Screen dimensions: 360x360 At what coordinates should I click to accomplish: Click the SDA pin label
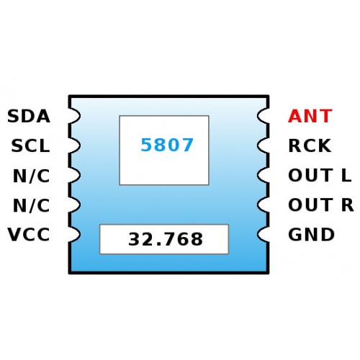pyautogui.click(x=29, y=116)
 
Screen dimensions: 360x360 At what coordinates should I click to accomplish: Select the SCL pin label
pyautogui.click(x=30, y=145)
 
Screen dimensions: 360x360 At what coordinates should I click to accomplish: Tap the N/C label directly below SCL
pyautogui.click(x=31, y=176)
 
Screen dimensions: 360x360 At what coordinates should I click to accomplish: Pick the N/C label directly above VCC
pyautogui.click(x=31, y=205)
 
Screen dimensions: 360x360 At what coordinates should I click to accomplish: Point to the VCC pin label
pyautogui.click(x=29, y=235)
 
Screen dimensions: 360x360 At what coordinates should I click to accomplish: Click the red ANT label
pyautogui.click(x=310, y=116)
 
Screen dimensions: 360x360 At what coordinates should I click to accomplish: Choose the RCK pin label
pyautogui.click(x=310, y=145)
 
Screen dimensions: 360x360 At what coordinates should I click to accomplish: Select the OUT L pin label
pyautogui.click(x=320, y=175)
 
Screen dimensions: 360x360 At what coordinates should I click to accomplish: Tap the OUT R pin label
pyautogui.click(x=321, y=204)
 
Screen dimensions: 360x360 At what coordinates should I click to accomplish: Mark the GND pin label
pyautogui.click(x=311, y=235)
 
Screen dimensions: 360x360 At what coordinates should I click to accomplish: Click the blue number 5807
pyautogui.click(x=167, y=145)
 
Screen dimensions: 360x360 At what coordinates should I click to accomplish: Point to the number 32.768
pyautogui.click(x=166, y=239)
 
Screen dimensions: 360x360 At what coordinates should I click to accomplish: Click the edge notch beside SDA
pyautogui.click(x=75, y=116)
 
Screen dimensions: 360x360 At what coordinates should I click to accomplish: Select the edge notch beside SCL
pyautogui.click(x=75, y=145)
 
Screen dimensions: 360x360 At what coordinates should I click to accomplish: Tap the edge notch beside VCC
pyautogui.click(x=75, y=234)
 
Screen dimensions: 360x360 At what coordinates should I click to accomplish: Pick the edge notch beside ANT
pyautogui.click(x=263, y=116)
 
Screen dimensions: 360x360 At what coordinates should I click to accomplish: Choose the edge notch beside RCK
pyautogui.click(x=263, y=145)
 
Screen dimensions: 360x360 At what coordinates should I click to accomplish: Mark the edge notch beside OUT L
pyautogui.click(x=263, y=175)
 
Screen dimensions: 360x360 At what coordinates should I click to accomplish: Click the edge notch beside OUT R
pyautogui.click(x=263, y=204)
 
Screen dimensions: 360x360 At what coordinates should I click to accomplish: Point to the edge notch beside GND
pyautogui.click(x=263, y=234)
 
